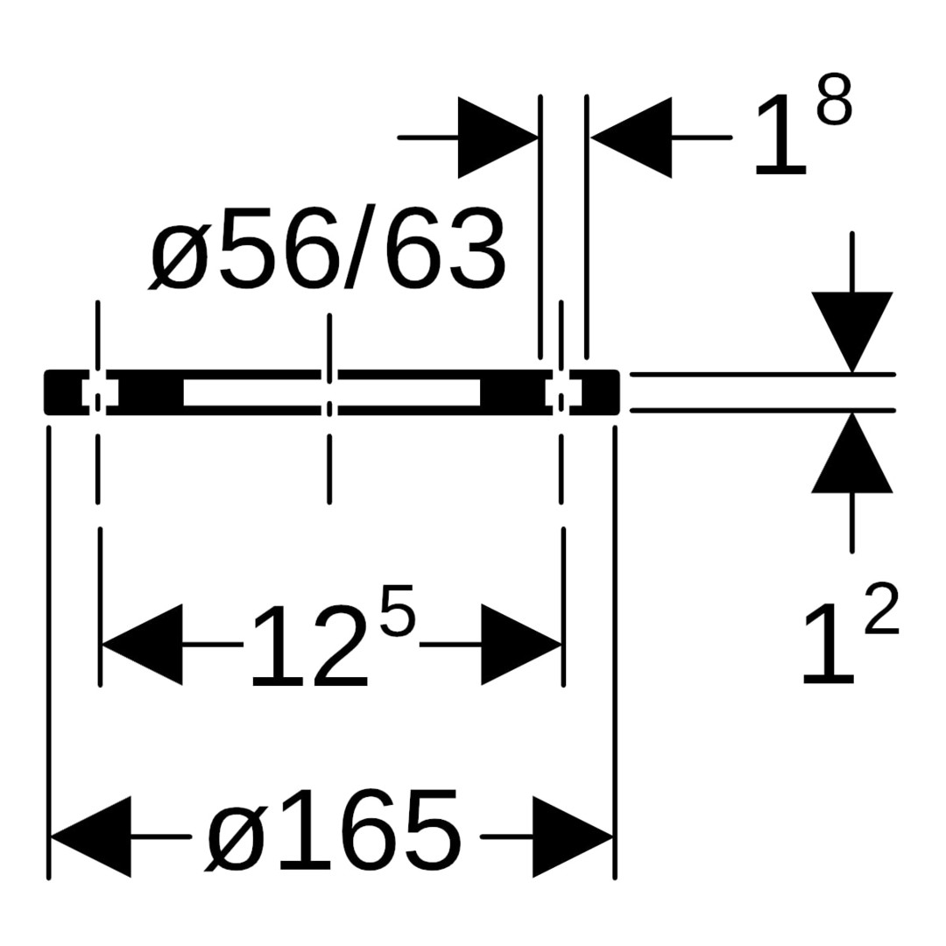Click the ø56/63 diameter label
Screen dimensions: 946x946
327,249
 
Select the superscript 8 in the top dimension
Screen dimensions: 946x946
835,100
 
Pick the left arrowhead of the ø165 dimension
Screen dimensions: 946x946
90,837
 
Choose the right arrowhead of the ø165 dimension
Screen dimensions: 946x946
573,837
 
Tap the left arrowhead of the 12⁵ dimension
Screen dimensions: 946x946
143,645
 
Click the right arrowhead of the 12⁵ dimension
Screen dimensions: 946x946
521,645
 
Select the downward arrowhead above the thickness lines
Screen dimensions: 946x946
852,332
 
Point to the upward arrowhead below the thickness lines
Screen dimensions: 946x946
852,453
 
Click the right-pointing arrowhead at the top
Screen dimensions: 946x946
498,138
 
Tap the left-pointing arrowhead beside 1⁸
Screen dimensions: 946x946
632,138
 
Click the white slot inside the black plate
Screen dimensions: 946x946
332,392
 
